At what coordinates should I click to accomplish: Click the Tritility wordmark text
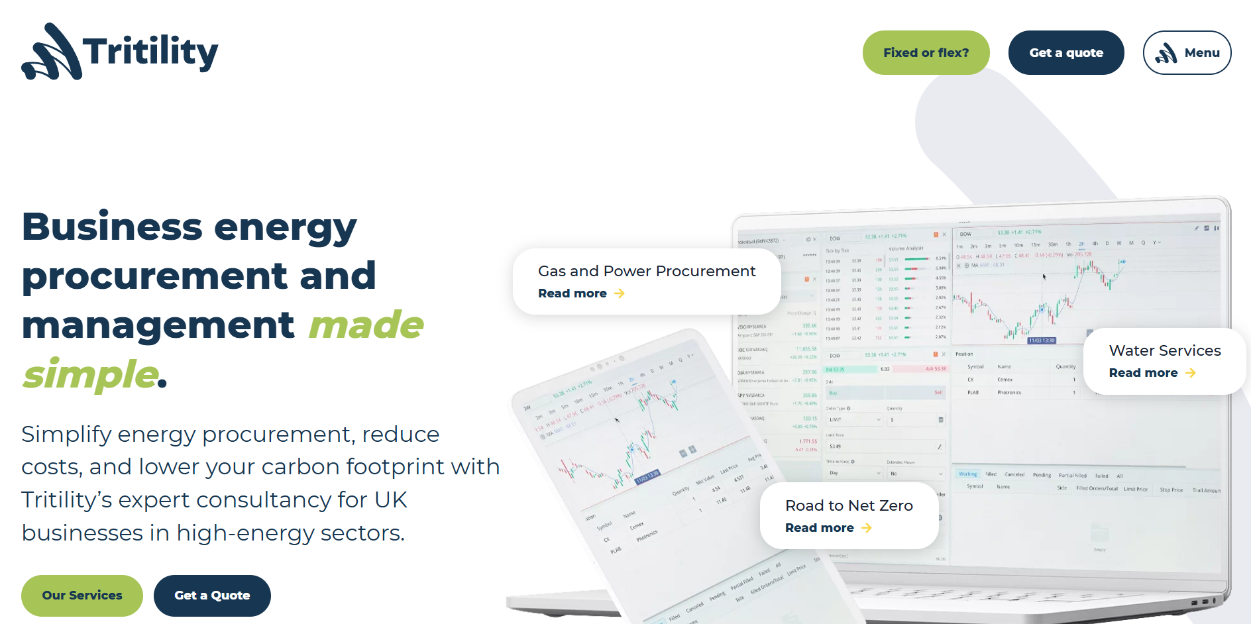point(150,52)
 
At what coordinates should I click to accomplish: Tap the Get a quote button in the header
point(1065,53)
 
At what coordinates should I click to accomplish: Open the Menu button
point(1187,53)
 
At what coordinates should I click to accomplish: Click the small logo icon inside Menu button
point(1166,53)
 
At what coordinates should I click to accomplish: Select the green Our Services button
point(82,596)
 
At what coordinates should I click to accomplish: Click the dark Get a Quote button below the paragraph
point(212,596)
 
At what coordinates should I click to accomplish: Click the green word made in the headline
point(366,325)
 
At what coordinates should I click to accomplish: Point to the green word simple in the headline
point(89,374)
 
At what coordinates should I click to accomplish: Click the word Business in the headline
point(111,227)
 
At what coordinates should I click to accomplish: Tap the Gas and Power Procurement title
point(646,271)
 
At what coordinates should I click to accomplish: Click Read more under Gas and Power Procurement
point(572,293)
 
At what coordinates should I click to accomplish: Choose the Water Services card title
point(1164,350)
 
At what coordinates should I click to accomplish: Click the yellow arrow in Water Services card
point(1191,373)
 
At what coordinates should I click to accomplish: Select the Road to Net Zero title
point(849,505)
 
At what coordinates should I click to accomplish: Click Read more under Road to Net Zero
point(820,528)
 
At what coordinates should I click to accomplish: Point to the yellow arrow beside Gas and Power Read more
point(620,293)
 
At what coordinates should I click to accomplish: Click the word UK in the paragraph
point(390,499)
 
